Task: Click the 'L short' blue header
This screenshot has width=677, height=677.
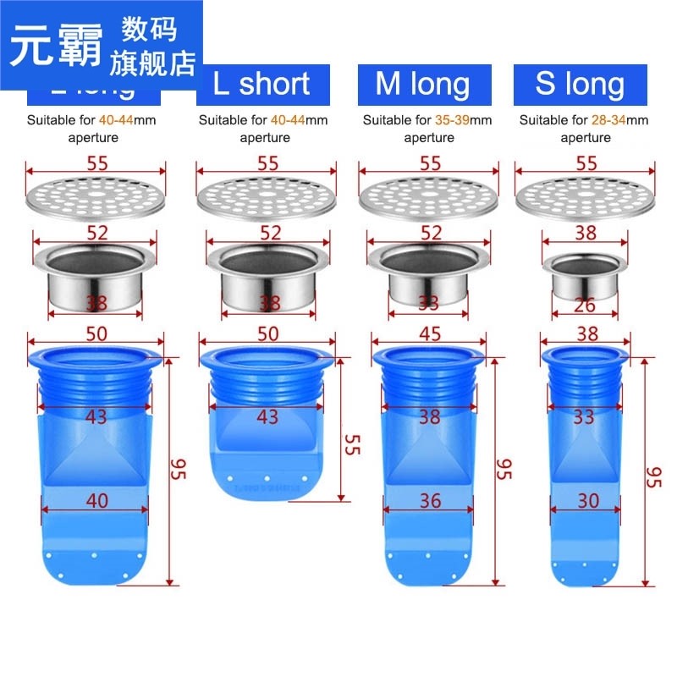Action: point(261,84)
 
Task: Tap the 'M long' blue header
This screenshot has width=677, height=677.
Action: point(422,84)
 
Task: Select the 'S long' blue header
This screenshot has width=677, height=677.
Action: point(580,84)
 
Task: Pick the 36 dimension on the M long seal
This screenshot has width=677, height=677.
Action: point(430,500)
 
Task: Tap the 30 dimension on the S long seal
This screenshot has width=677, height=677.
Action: point(587,500)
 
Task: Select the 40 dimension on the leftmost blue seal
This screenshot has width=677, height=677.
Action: point(97,500)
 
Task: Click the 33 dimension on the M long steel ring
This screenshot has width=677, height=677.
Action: point(430,303)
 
